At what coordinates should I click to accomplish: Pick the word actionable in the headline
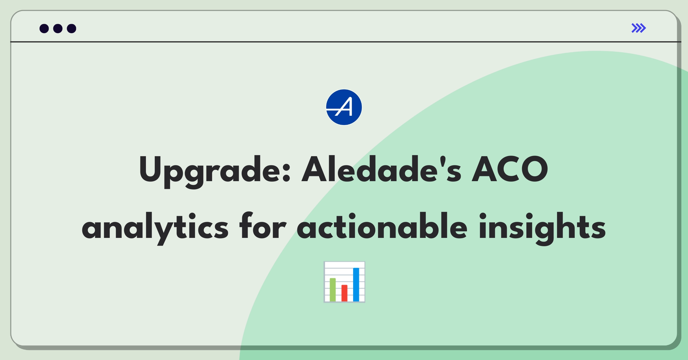pos(382,226)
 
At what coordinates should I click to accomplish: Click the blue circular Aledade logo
pos(344,107)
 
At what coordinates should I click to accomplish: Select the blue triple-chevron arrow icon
pos(639,28)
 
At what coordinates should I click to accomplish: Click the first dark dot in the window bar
pos(44,28)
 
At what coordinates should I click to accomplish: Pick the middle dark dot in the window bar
pos(58,28)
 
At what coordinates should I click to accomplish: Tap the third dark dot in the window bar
pos(72,28)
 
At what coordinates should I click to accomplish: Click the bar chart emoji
pos(344,282)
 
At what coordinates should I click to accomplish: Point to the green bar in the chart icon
pos(333,289)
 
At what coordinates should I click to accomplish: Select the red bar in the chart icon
pos(344,293)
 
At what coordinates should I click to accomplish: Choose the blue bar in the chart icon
pos(356,285)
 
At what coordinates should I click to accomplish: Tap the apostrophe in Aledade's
pos(443,161)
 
